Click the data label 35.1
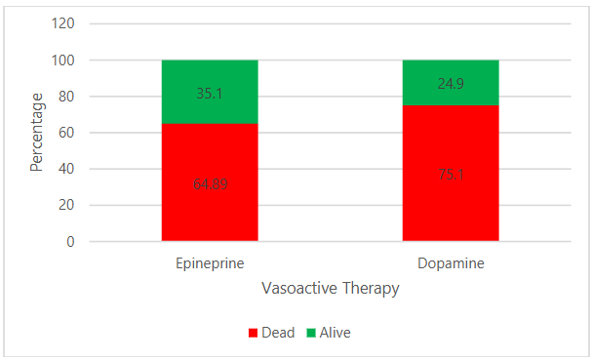pyautogui.click(x=210, y=95)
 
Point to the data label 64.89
pyautogui.click(x=210, y=183)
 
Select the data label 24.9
pyautogui.click(x=451, y=84)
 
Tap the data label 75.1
pyautogui.click(x=451, y=175)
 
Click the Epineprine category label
pyautogui.click(x=210, y=264)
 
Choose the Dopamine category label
pyautogui.click(x=451, y=264)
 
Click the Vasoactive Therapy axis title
pyautogui.click(x=331, y=289)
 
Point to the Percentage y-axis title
pyautogui.click(x=36, y=132)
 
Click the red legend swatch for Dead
pyautogui.click(x=252, y=333)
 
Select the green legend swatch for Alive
pyautogui.click(x=311, y=333)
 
